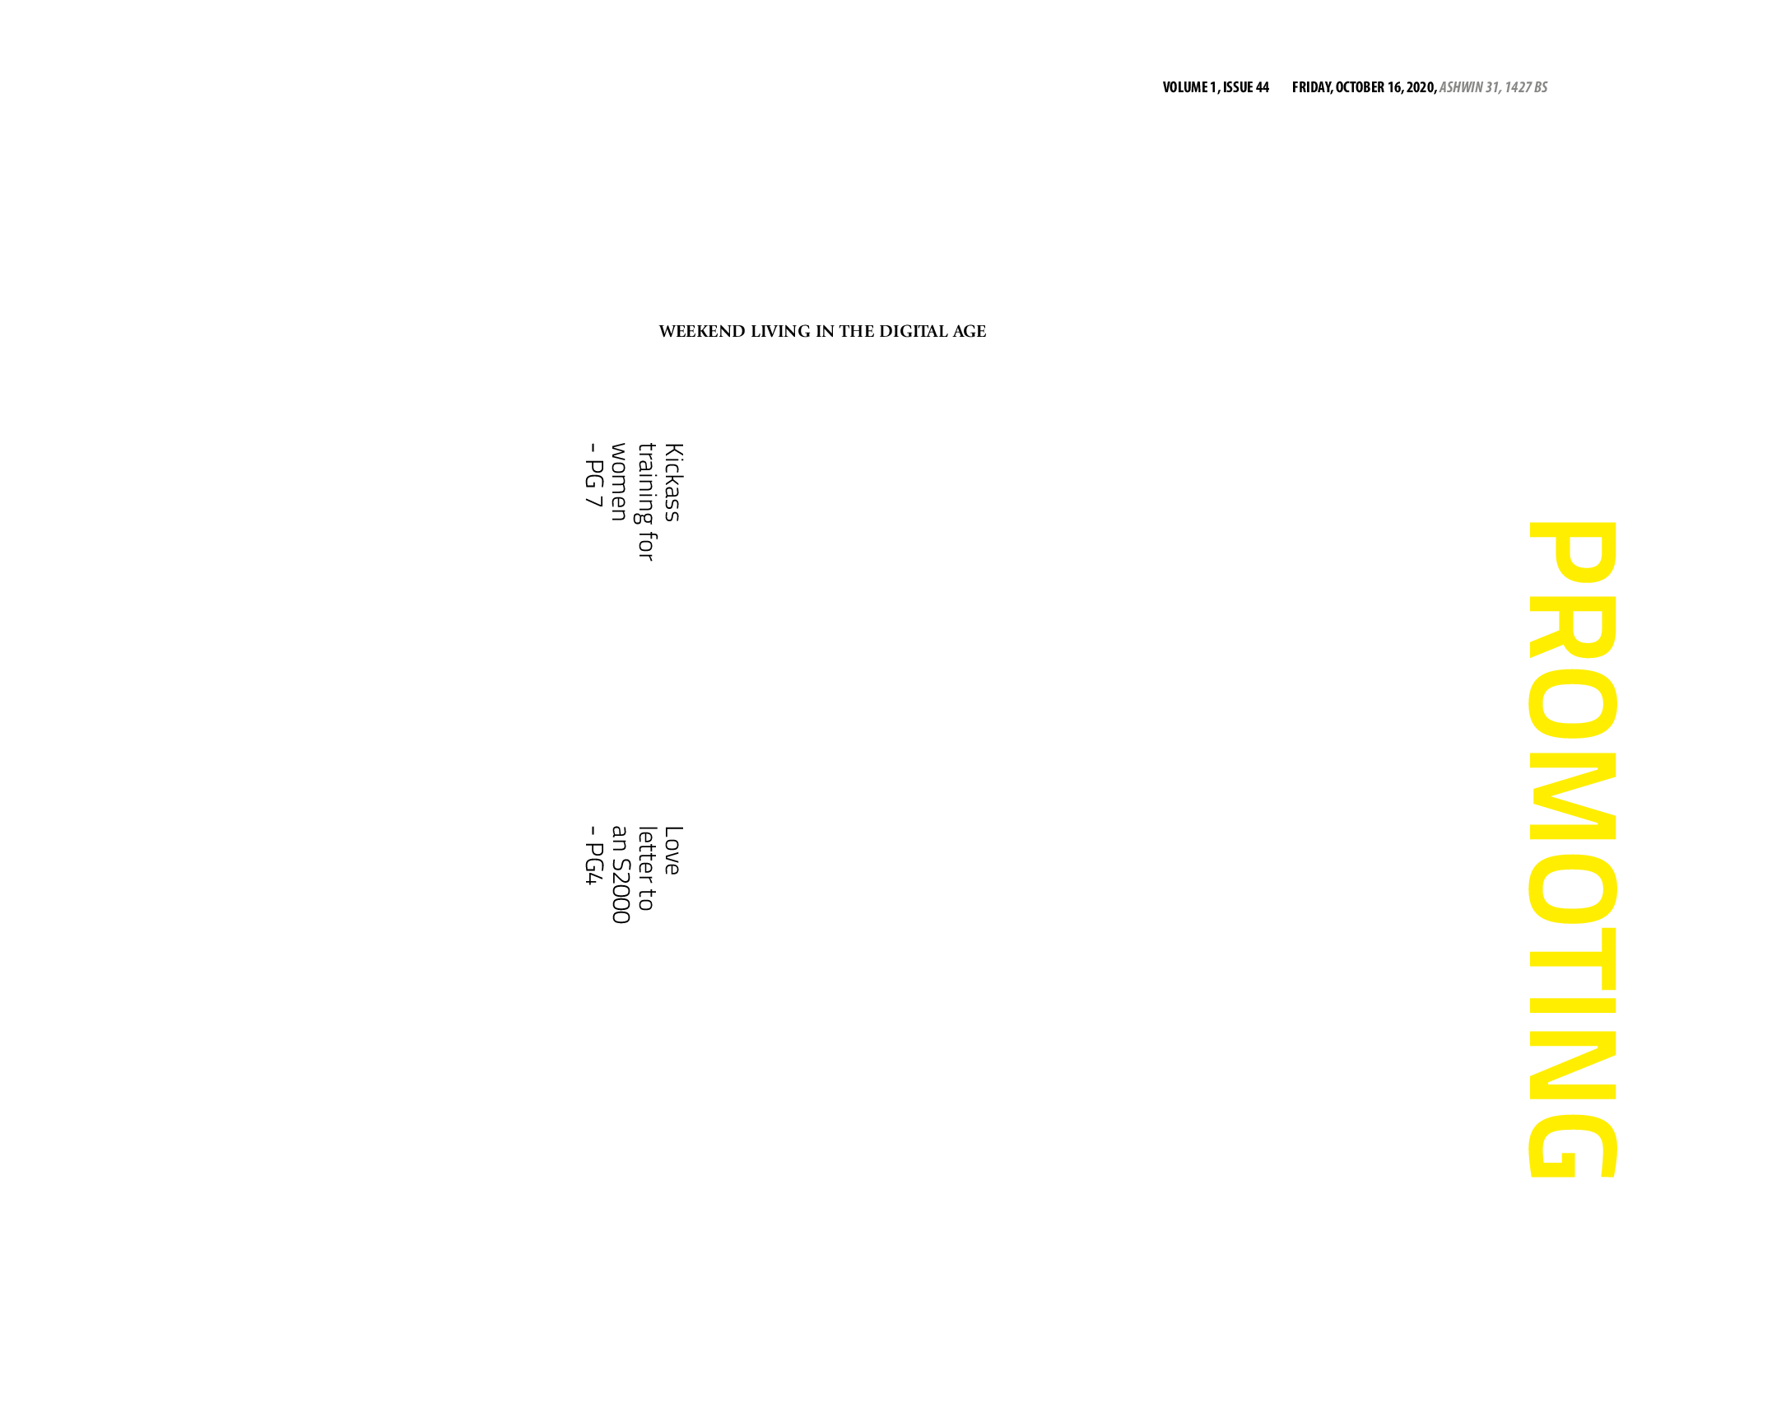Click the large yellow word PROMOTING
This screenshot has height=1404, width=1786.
click(x=1573, y=849)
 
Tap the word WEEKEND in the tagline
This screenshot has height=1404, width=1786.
click(x=702, y=332)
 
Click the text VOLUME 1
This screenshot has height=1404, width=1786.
click(x=1189, y=87)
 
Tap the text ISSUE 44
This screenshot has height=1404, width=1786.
click(x=1246, y=87)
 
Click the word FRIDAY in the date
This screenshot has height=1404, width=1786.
click(x=1312, y=87)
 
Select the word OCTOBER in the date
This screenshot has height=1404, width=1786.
click(x=1360, y=87)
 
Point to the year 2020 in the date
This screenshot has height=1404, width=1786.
click(x=1421, y=87)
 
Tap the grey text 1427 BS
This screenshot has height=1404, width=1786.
click(x=1526, y=87)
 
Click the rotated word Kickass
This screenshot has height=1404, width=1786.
click(x=673, y=483)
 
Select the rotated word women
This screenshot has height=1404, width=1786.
click(x=619, y=482)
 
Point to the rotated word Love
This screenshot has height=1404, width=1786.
click(x=673, y=850)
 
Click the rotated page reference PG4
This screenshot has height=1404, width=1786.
click(x=593, y=865)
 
